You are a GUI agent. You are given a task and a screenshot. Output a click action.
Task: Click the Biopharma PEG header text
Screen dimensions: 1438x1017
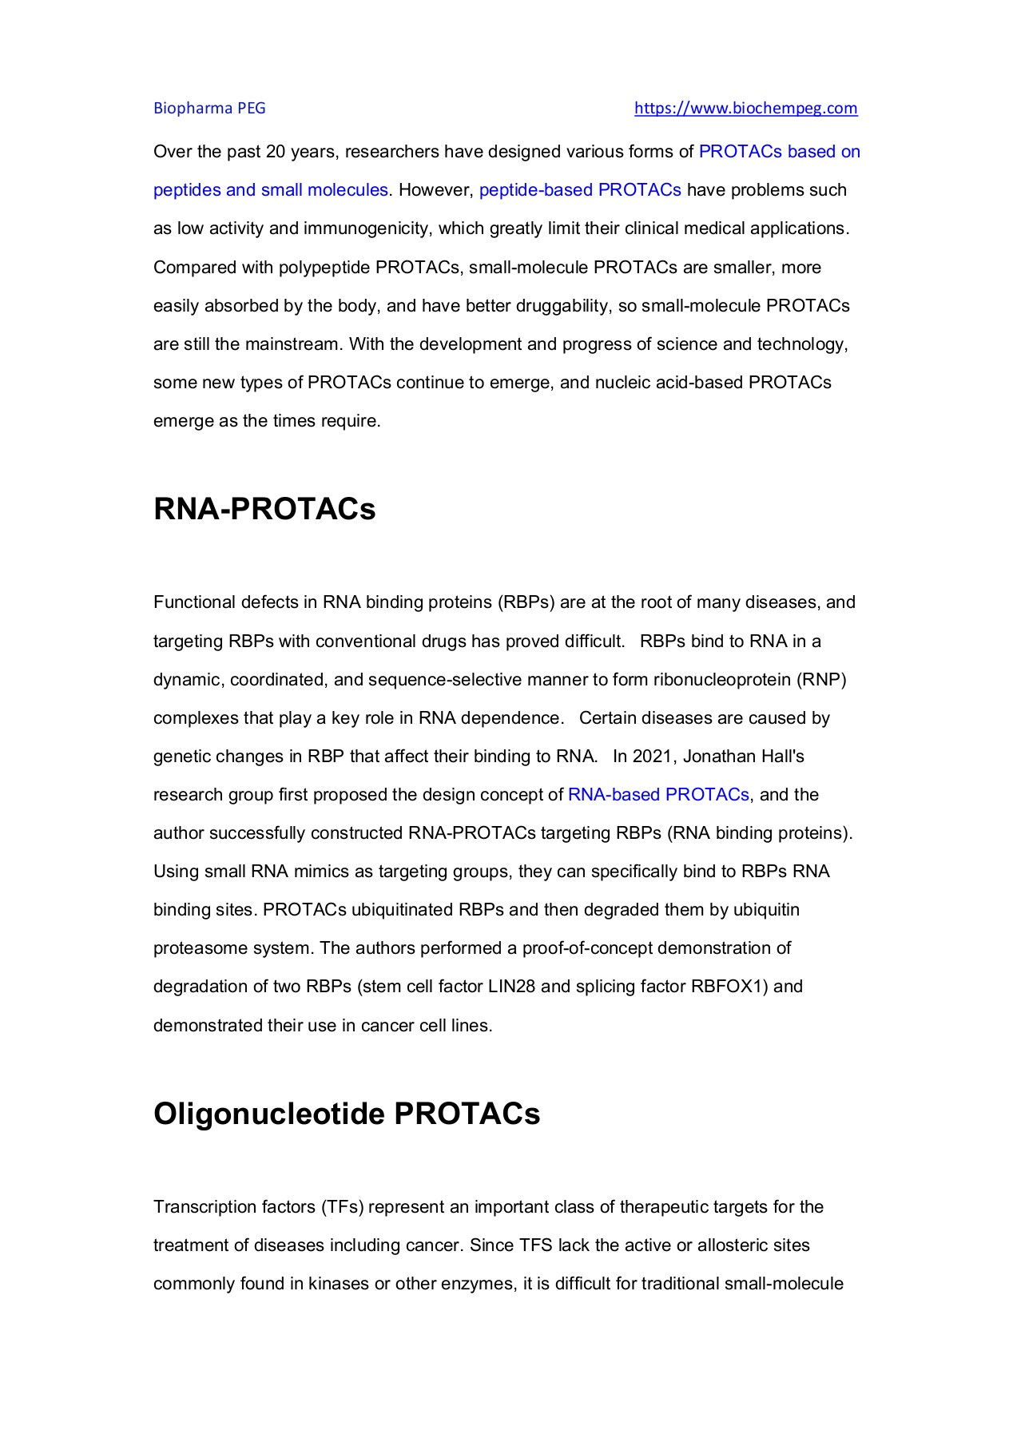[209, 109]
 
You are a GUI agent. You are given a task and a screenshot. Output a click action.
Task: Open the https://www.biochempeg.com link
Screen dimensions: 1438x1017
[745, 109]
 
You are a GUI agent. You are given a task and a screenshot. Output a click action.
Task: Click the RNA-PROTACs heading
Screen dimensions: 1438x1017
[264, 509]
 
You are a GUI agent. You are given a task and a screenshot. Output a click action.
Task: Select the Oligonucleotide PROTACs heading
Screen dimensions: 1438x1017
[347, 1114]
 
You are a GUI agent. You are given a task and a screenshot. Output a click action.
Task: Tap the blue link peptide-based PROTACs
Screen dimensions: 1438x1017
[580, 190]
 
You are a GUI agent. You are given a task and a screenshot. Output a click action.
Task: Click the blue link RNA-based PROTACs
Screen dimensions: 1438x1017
[658, 795]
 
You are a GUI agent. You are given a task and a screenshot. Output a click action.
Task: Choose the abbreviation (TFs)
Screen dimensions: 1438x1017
[343, 1207]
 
